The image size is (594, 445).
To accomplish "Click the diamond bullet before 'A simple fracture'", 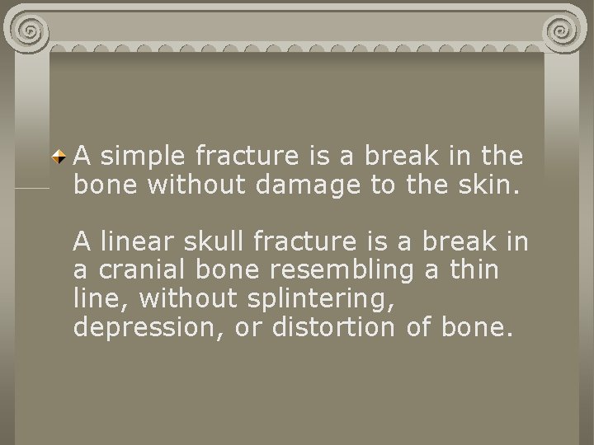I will (59, 155).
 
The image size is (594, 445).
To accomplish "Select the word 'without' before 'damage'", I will (199, 185).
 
